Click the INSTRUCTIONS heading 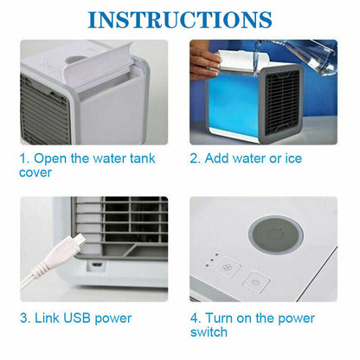point(180,20)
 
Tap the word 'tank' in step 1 point(143,158)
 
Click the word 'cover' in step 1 point(35,173)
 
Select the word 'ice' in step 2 point(293,158)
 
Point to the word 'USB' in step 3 point(77,318)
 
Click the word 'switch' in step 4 point(209,332)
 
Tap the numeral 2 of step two point(194,158)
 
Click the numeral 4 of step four point(195,318)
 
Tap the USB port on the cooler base point(96,265)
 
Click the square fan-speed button point(228,267)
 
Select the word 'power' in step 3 point(113,318)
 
